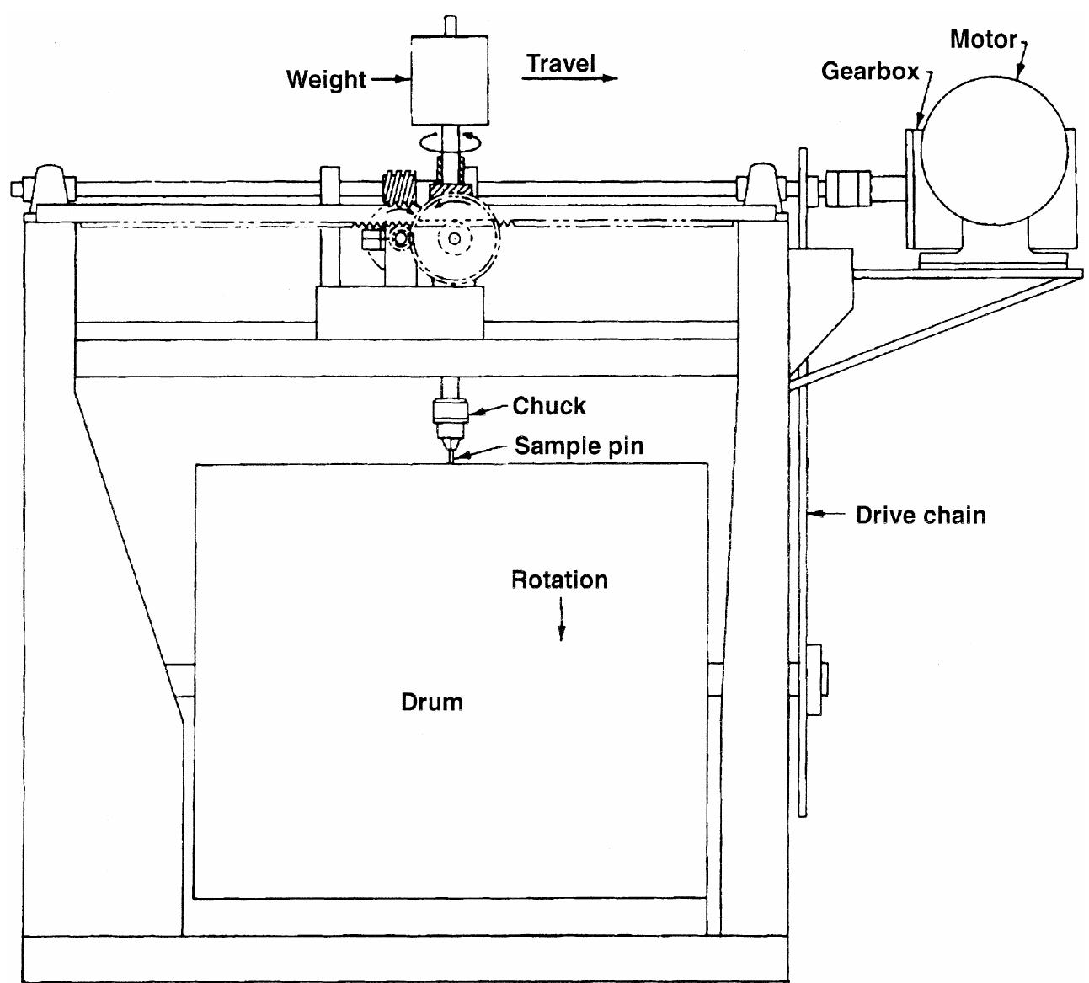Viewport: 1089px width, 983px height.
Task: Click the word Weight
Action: click(x=326, y=80)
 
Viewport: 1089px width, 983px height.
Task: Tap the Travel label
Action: click(x=561, y=63)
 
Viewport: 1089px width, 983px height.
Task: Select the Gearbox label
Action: click(x=870, y=72)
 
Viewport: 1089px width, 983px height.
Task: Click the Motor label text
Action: click(x=983, y=39)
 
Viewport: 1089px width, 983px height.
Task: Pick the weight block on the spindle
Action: click(x=450, y=80)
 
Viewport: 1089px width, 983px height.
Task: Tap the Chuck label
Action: click(x=549, y=406)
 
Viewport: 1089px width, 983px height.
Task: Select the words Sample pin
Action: click(x=579, y=446)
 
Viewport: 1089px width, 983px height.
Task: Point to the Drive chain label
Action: click(x=921, y=515)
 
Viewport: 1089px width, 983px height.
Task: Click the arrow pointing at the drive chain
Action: click(x=835, y=513)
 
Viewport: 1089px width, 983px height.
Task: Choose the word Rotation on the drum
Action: click(x=560, y=580)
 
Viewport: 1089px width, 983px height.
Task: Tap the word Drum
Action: click(x=431, y=702)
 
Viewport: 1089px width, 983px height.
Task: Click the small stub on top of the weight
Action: click(x=450, y=25)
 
